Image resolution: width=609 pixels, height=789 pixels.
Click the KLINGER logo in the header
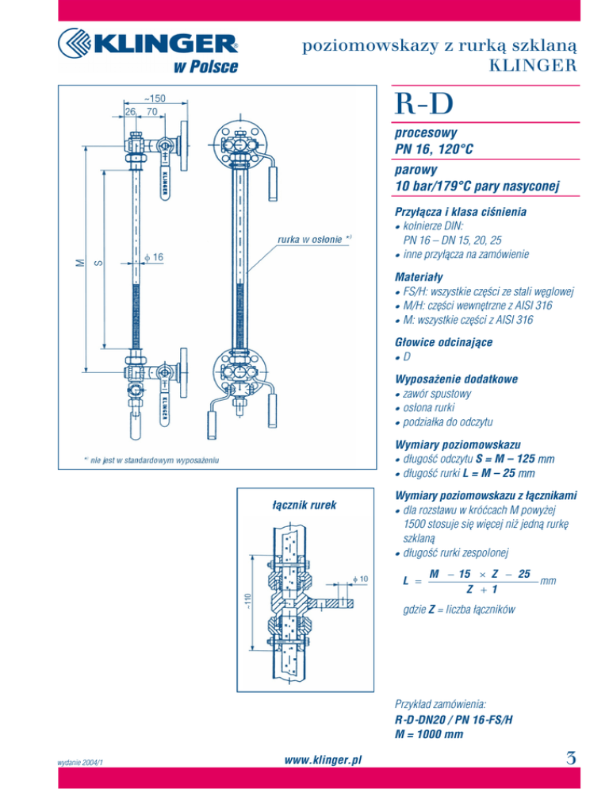148,50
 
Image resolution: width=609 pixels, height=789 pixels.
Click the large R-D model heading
424,103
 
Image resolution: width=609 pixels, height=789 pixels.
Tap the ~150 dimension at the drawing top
155,98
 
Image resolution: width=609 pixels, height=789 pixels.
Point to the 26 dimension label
130,111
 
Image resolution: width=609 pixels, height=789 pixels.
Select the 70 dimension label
152,111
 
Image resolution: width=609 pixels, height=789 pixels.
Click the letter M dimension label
80,262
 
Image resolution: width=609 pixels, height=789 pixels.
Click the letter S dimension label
98,262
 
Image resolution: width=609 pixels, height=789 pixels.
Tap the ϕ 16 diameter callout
154,257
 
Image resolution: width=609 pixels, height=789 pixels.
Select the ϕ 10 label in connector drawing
361,579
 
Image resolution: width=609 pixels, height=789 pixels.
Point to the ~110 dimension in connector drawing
247,602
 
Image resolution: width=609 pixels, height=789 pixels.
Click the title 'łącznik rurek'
304,505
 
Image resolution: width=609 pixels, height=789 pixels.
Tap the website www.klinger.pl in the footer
323,760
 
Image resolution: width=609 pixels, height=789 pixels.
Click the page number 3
571,758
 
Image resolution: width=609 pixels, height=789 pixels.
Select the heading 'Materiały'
419,277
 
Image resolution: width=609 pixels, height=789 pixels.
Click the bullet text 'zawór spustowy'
437,394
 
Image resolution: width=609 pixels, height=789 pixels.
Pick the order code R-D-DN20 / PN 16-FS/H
454,720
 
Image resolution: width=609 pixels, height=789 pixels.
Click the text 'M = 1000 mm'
429,734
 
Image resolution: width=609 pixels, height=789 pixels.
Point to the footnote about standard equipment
151,460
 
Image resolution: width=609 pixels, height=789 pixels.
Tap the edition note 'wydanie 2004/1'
80,762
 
